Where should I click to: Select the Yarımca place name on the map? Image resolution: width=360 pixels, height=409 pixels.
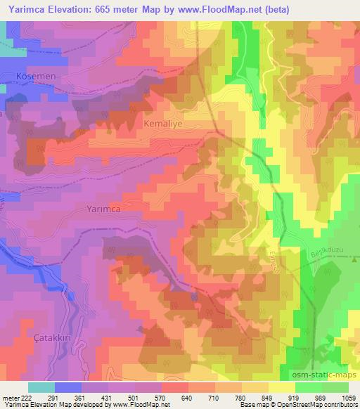(x=108, y=209)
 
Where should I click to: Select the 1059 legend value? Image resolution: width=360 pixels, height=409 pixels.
(x=348, y=397)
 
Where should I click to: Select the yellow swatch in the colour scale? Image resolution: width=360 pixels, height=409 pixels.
(x=281, y=387)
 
